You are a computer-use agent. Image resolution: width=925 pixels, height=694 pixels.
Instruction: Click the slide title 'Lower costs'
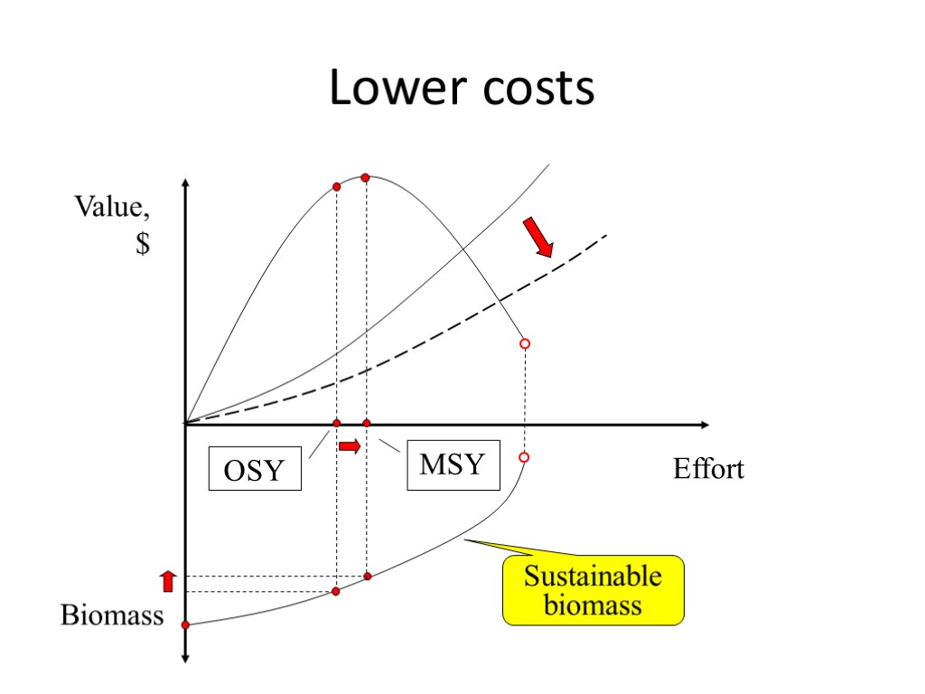pos(462,89)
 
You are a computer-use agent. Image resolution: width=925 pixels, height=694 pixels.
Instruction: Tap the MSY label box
pos(453,465)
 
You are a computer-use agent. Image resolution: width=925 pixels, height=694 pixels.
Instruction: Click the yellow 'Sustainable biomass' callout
pos(593,590)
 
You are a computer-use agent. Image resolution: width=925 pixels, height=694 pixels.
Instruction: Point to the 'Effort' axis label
pos(708,469)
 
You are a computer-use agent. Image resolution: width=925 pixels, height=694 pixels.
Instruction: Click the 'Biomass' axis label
pos(112,615)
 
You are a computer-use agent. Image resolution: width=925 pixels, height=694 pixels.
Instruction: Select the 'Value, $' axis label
pos(112,225)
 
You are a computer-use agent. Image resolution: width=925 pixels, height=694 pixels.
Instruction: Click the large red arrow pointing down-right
pos(538,238)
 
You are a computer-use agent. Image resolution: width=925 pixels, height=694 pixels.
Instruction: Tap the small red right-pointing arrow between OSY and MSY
pos(350,445)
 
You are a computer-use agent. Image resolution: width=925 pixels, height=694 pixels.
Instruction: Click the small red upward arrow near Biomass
pos(167,580)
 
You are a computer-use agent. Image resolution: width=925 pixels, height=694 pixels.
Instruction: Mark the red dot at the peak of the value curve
pos(365,178)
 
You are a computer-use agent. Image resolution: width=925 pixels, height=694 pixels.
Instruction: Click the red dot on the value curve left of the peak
pos(336,187)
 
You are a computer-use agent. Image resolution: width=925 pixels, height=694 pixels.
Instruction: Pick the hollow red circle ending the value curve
pos(524,344)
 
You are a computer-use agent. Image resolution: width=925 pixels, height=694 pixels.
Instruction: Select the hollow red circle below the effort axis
pos(524,458)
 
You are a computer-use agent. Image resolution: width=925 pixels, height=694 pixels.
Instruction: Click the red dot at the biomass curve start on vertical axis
pos(185,624)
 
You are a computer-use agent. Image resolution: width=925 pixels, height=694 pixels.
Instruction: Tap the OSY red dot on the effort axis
pos(337,424)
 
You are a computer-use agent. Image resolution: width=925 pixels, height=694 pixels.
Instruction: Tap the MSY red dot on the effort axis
pos(366,424)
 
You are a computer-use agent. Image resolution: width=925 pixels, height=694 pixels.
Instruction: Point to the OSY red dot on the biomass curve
pos(336,591)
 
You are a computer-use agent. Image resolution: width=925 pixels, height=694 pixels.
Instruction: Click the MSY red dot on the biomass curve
pos(367,576)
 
